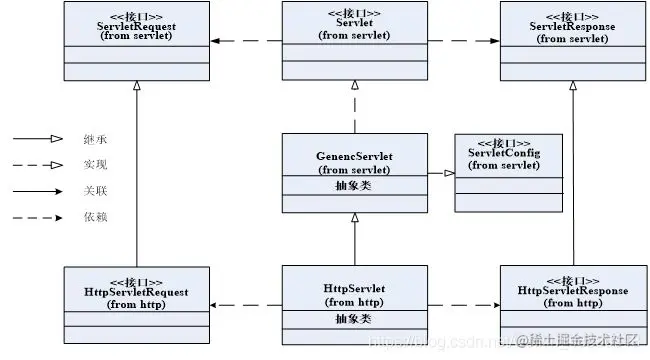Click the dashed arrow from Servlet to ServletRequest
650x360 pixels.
point(245,40)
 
